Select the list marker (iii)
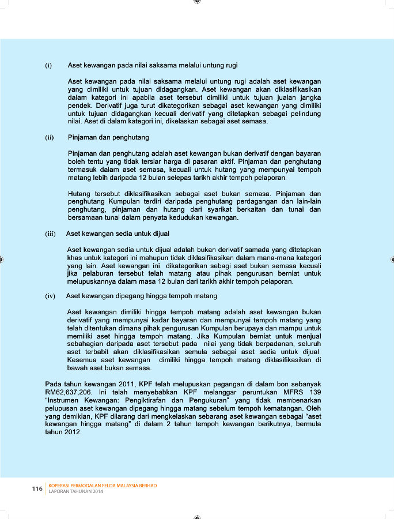click(x=50, y=234)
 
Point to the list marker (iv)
click(x=50, y=296)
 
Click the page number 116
click(x=37, y=489)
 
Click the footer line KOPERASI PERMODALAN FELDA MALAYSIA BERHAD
click(x=103, y=486)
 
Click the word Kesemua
click(x=82, y=360)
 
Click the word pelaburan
click(x=100, y=274)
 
